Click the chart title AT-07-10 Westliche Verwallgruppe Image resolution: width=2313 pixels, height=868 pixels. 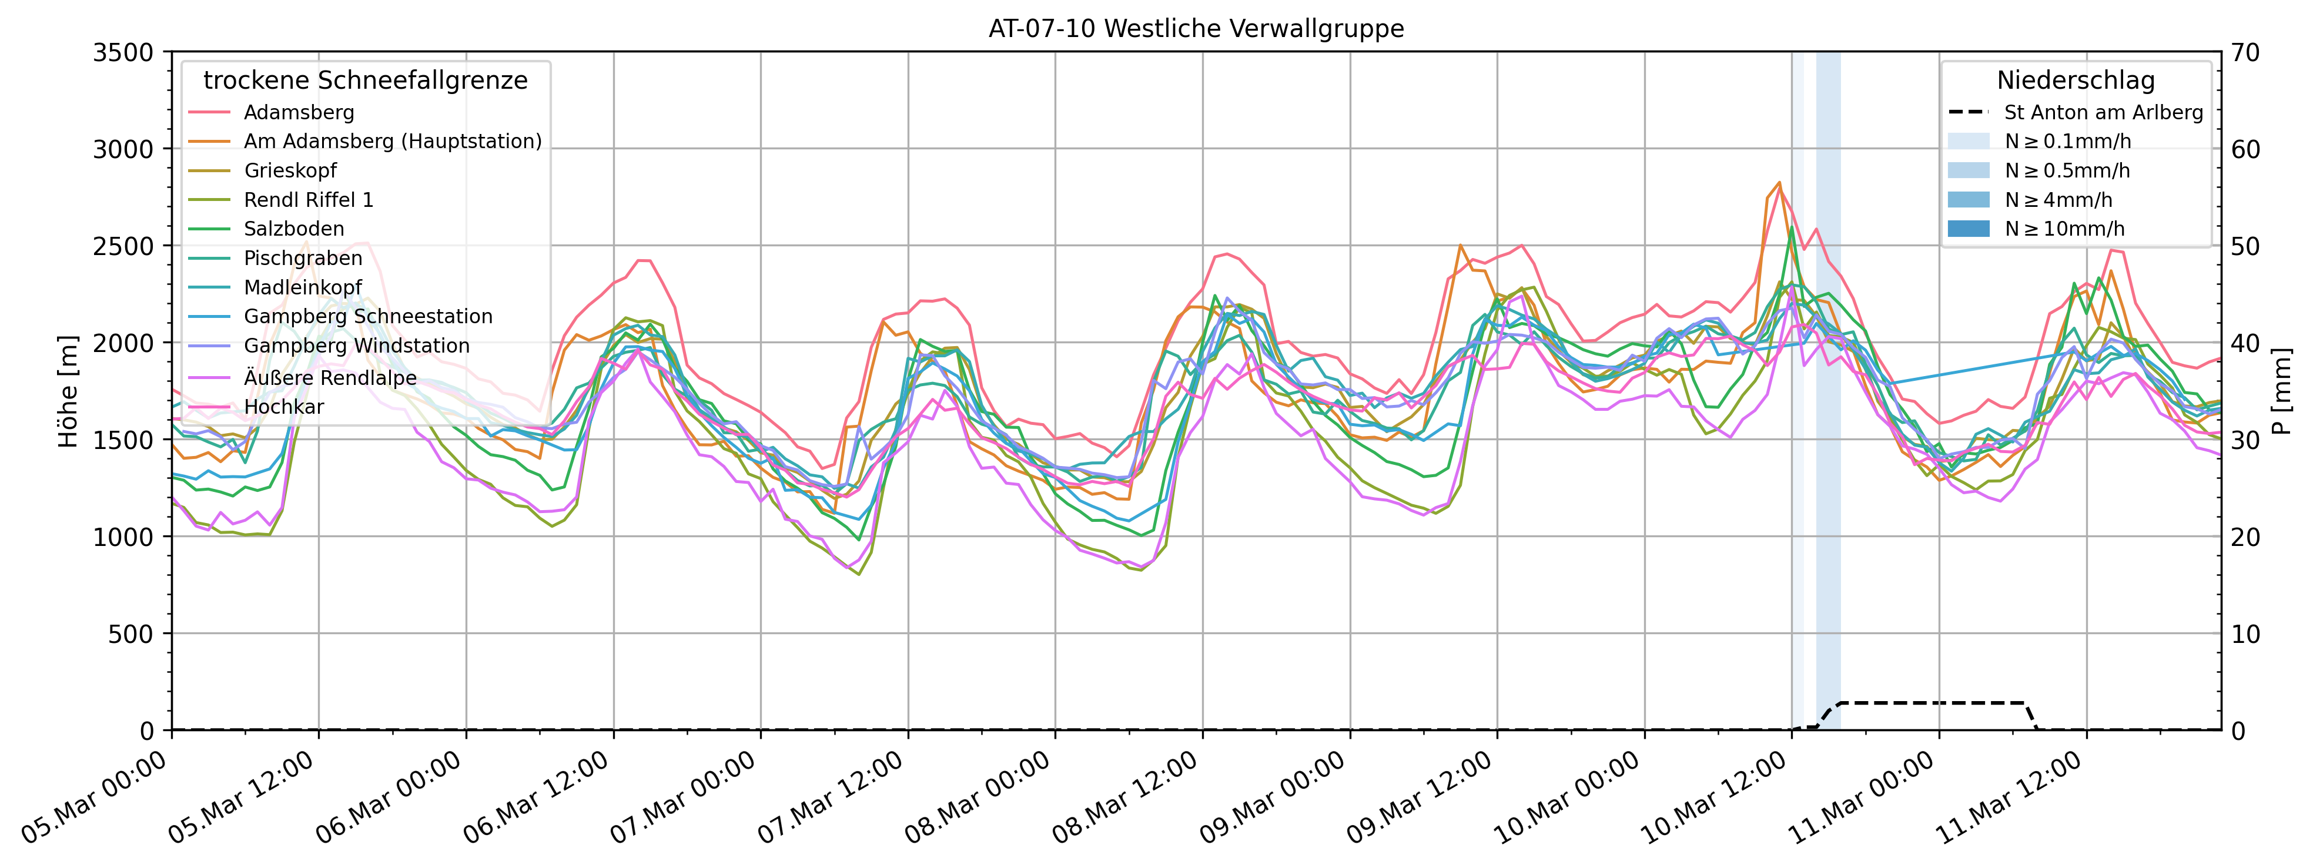click(1196, 29)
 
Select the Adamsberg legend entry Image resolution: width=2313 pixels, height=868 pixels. click(299, 112)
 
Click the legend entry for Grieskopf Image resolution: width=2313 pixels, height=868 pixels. click(290, 170)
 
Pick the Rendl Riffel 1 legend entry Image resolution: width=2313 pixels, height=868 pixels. click(308, 199)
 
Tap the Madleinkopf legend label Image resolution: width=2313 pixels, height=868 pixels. click(303, 287)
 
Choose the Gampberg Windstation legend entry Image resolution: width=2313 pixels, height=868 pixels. click(356, 346)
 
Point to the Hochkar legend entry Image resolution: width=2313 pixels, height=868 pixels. click(284, 407)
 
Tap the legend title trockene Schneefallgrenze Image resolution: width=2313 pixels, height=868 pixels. click(366, 80)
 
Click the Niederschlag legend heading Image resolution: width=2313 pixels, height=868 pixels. click(2075, 80)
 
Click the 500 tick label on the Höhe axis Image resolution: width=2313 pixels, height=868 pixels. click(133, 634)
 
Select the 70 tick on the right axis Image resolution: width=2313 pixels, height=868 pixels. click(2245, 52)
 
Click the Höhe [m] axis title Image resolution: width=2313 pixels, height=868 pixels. click(68, 391)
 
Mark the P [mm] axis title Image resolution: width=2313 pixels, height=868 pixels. click(2284, 391)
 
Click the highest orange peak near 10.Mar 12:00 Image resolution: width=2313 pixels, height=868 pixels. click(1779, 182)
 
